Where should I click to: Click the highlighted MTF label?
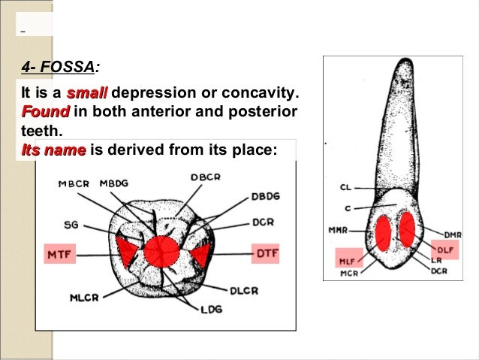(x=60, y=256)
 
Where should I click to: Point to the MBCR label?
(x=74, y=184)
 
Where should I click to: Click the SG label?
(x=68, y=223)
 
